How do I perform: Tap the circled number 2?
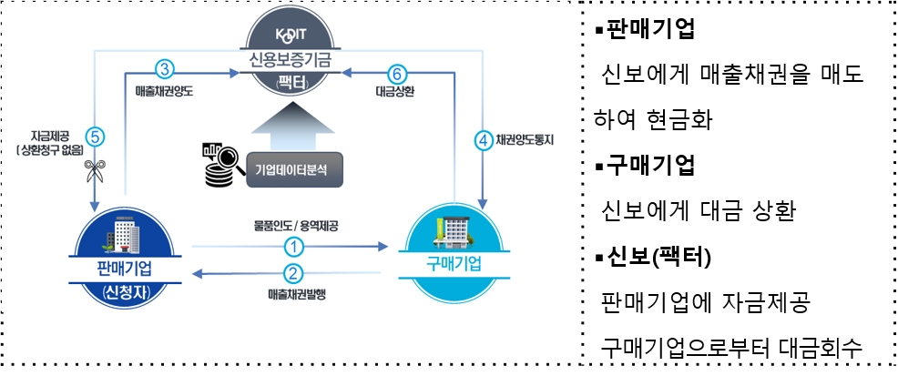292,273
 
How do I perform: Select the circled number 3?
165,70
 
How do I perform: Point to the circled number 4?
483,141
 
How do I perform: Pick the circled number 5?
96,136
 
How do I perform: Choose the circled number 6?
395,72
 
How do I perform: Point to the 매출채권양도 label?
163,92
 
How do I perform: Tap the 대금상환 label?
395,92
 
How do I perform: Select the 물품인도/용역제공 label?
292,224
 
